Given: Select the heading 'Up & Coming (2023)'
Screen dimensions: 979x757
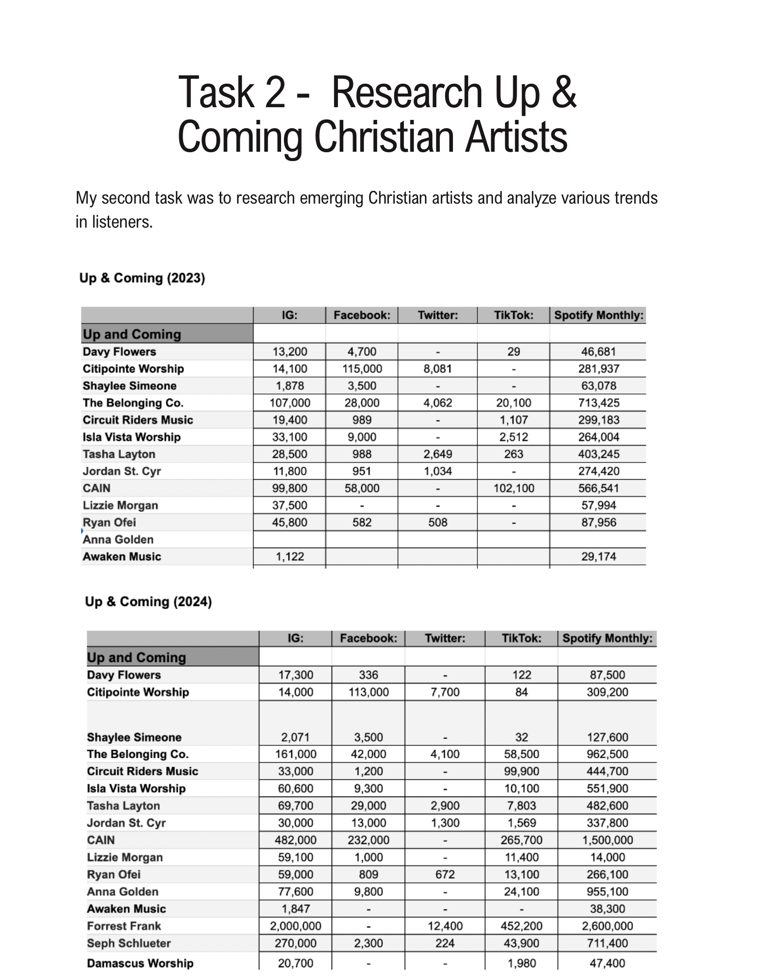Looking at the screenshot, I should [x=142, y=278].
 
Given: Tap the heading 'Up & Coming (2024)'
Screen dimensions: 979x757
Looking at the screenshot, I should [x=148, y=601].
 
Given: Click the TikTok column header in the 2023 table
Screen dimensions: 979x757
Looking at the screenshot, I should [x=513, y=315].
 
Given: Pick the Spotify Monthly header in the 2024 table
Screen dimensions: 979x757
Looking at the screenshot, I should [x=607, y=638].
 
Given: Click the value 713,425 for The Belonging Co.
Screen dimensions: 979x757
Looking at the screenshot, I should [x=598, y=403].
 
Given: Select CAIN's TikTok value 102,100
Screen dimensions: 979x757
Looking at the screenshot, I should [x=514, y=488].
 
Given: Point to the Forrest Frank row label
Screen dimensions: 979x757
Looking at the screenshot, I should [x=124, y=926].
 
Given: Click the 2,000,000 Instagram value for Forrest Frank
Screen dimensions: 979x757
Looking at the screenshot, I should [x=295, y=926].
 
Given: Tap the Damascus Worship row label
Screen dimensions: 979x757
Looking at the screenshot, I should [x=140, y=963].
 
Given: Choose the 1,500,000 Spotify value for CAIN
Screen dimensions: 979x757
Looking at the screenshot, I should [x=607, y=840].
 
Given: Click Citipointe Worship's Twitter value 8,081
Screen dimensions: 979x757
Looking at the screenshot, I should [x=437, y=369].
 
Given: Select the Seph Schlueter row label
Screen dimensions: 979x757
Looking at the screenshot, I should [x=129, y=943].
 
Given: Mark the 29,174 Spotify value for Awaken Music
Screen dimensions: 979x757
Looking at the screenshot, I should [x=598, y=557].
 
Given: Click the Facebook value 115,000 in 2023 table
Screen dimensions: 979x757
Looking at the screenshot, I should [x=362, y=369].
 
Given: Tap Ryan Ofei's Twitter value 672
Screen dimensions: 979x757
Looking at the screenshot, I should [x=445, y=874].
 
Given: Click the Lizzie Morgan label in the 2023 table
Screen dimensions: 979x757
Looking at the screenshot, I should [x=120, y=505].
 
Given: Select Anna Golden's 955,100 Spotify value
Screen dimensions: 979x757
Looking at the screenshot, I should [x=607, y=891].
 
